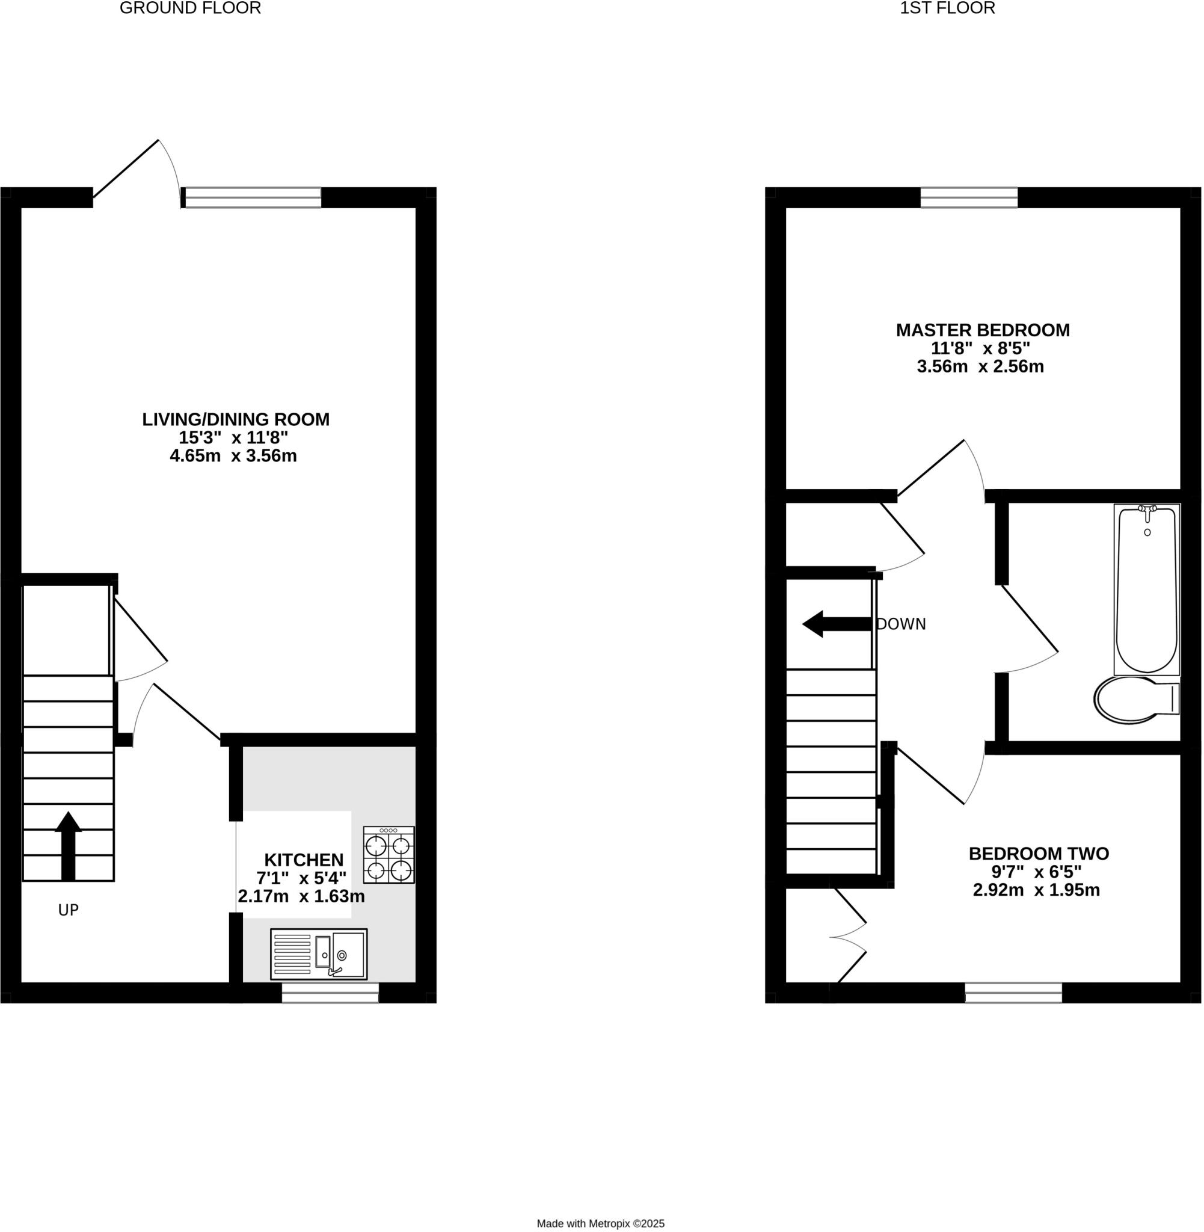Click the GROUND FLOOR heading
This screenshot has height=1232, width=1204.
[x=190, y=8]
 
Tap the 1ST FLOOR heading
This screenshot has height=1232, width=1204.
[x=947, y=8]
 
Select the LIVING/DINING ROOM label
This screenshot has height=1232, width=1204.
[x=235, y=419]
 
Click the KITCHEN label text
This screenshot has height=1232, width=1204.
[x=304, y=860]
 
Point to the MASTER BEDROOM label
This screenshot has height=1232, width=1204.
[x=983, y=330]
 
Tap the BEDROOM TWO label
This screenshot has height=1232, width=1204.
[x=1039, y=854]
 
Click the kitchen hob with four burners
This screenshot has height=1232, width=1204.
[x=389, y=854]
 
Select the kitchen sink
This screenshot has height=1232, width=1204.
[x=319, y=954]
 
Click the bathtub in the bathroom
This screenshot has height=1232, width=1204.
[x=1146, y=590]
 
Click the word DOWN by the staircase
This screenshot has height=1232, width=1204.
[x=901, y=624]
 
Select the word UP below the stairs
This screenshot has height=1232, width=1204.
[x=69, y=910]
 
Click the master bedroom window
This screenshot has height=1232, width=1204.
[x=969, y=197]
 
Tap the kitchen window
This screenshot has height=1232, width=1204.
[x=330, y=993]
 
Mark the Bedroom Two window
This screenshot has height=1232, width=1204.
[x=1014, y=993]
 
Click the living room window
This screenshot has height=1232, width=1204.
[x=251, y=197]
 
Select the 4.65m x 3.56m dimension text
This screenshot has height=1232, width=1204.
[x=233, y=456]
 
